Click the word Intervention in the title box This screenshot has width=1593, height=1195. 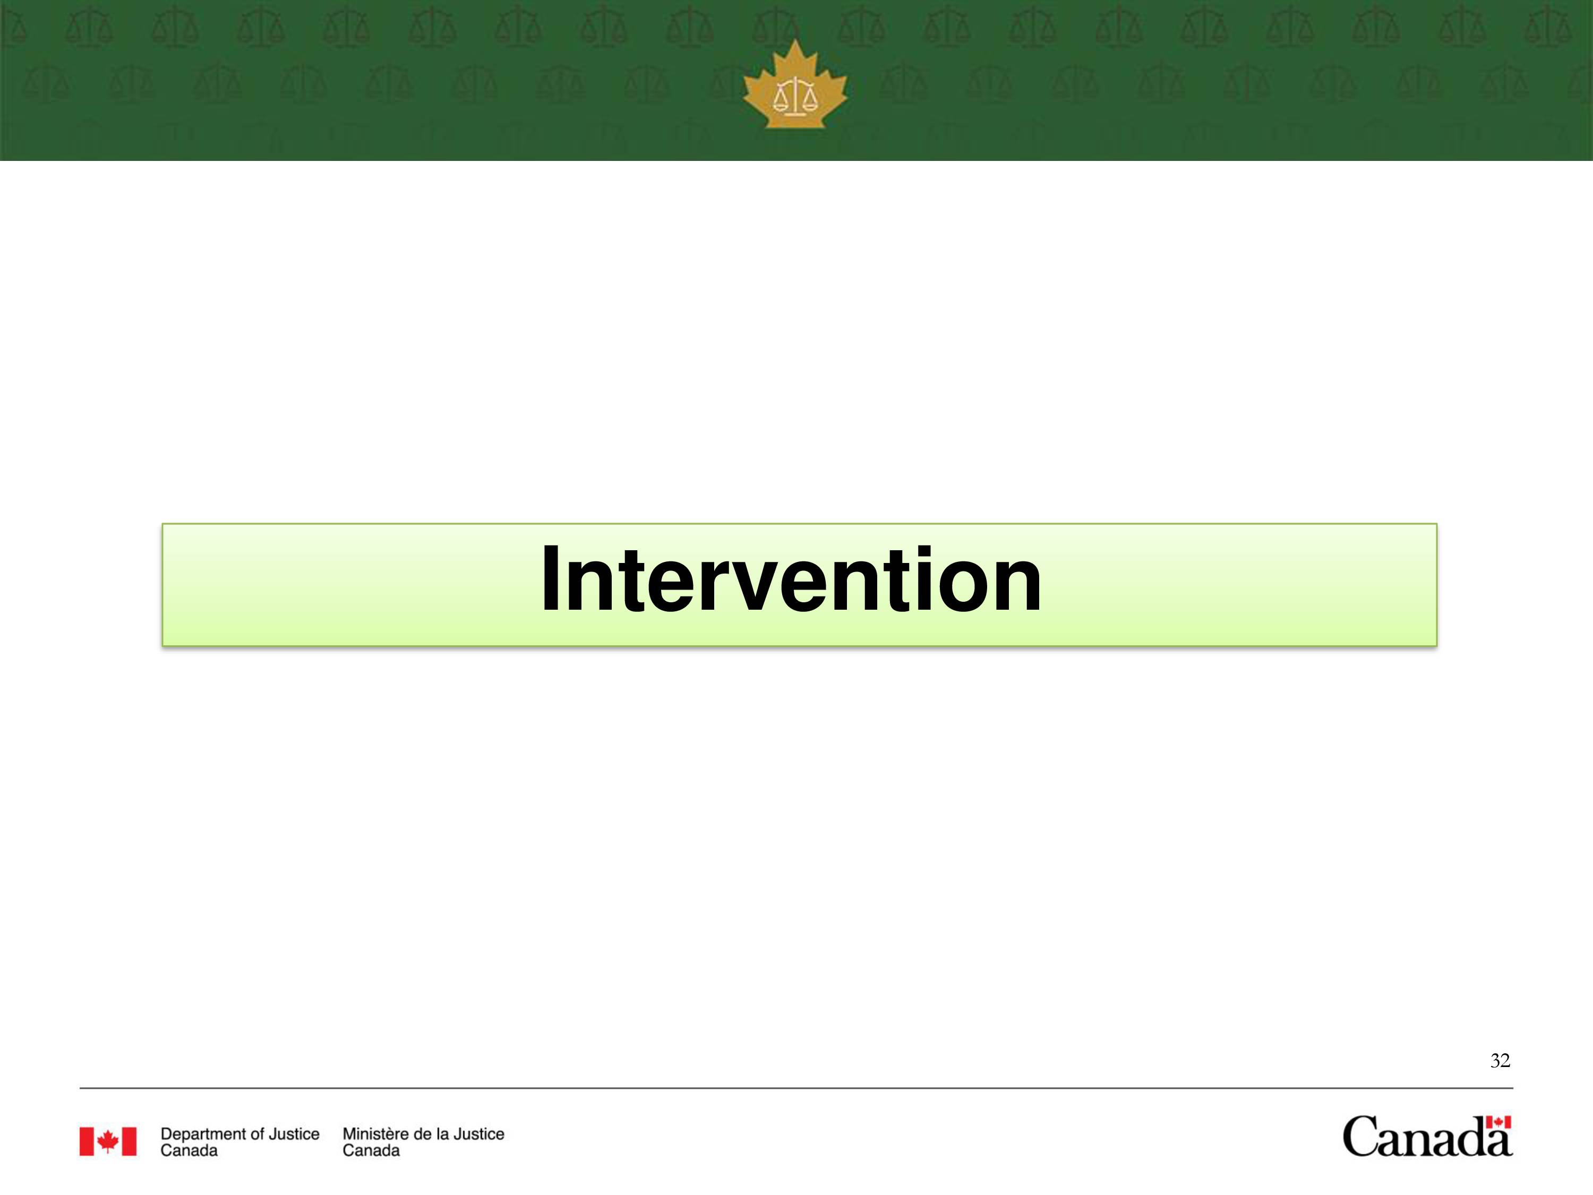(791, 580)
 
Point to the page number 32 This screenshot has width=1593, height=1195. (1500, 1060)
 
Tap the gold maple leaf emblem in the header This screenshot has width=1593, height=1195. (795, 84)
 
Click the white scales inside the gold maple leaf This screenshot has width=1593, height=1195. (795, 96)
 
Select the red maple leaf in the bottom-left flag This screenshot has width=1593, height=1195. (108, 1141)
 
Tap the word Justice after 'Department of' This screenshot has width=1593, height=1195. (294, 1134)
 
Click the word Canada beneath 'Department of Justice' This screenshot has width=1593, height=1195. (189, 1150)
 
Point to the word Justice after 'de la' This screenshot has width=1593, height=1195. (479, 1134)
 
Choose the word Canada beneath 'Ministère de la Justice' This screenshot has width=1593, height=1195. (371, 1150)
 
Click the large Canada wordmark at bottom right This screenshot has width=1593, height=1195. (1427, 1137)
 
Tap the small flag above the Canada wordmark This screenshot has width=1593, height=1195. (1498, 1122)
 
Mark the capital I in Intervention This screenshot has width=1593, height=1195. (550, 580)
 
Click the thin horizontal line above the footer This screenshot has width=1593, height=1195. (796, 1088)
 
